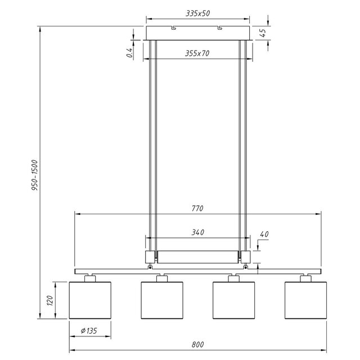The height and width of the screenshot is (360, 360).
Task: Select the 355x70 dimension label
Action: tap(196, 54)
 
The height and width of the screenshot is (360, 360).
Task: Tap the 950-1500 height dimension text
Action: tap(34, 176)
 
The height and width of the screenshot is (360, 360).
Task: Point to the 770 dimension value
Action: tap(196, 208)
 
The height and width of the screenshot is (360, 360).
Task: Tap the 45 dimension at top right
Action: tap(263, 32)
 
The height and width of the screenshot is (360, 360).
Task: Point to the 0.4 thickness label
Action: tap(129, 53)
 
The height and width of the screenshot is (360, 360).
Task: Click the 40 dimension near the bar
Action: tap(265, 234)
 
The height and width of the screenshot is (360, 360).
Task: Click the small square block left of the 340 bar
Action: tap(151, 257)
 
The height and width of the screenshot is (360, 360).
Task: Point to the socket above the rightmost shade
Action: tap(306, 277)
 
